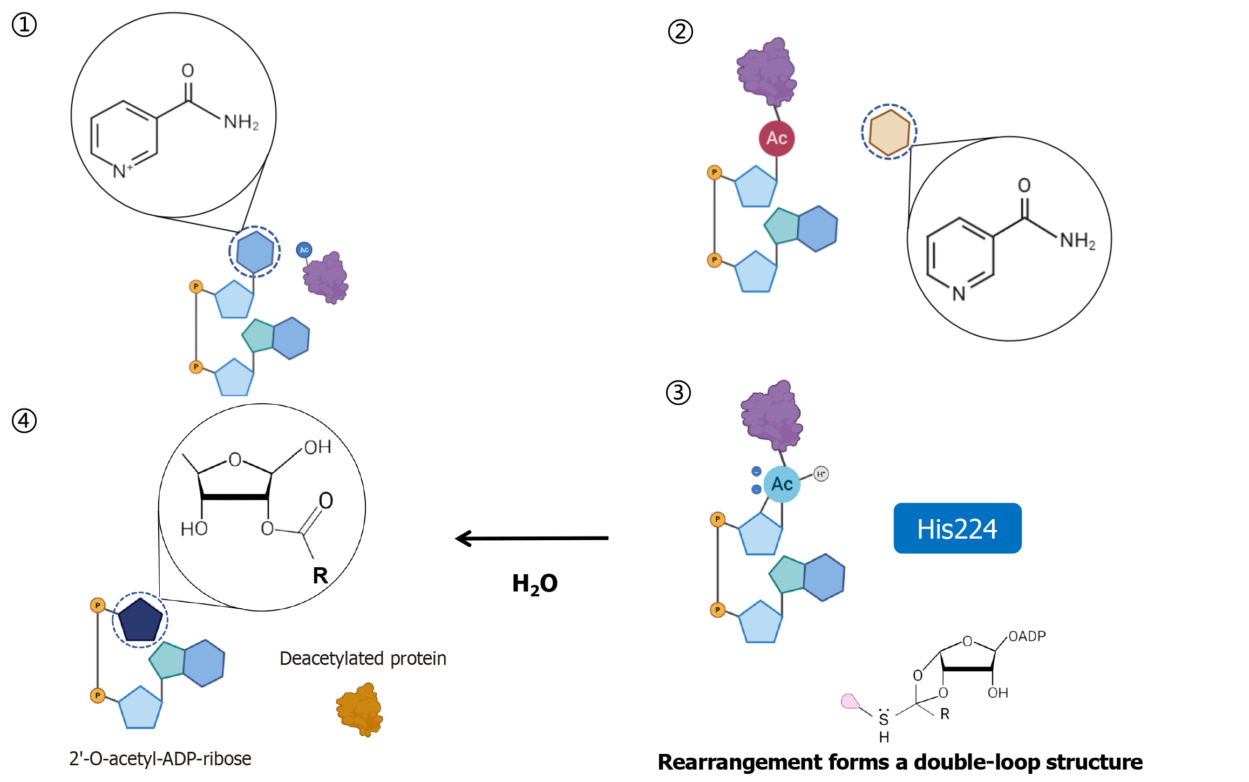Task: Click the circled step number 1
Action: pyautogui.click(x=24, y=25)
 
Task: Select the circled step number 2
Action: pyautogui.click(x=680, y=31)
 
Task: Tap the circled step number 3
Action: pyautogui.click(x=678, y=392)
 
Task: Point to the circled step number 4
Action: pyautogui.click(x=24, y=420)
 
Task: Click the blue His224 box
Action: pyautogui.click(x=957, y=528)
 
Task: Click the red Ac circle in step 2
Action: pyautogui.click(x=776, y=138)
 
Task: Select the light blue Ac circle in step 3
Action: pyautogui.click(x=782, y=484)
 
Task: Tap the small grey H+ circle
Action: pyautogui.click(x=821, y=474)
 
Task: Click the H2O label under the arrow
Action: pyautogui.click(x=534, y=584)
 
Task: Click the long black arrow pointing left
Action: pyautogui.click(x=532, y=538)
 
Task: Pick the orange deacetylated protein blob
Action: pyautogui.click(x=359, y=710)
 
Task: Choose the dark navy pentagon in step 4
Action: pyautogui.click(x=140, y=620)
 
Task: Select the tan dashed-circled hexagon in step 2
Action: pyautogui.click(x=889, y=132)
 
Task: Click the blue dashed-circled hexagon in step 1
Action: pyautogui.click(x=255, y=251)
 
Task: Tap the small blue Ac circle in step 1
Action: pyautogui.click(x=304, y=249)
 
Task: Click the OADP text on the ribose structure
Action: pyautogui.click(x=1027, y=636)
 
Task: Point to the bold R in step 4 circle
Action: pyautogui.click(x=320, y=575)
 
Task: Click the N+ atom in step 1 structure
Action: pyautogui.click(x=122, y=171)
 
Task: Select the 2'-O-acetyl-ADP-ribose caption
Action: pyautogui.click(x=160, y=759)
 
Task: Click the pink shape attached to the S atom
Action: pyautogui.click(x=850, y=701)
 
